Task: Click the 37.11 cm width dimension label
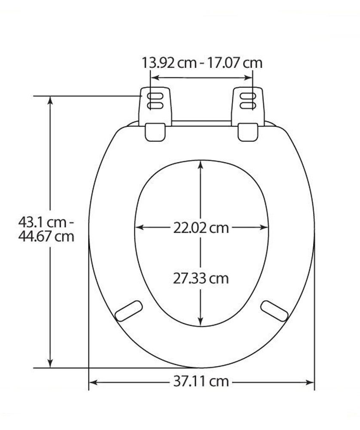point(201,381)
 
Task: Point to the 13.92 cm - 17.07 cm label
point(201,63)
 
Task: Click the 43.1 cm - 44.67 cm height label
point(46,229)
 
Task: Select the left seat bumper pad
point(130,309)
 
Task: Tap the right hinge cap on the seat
point(248,132)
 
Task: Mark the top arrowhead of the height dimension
point(51,100)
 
